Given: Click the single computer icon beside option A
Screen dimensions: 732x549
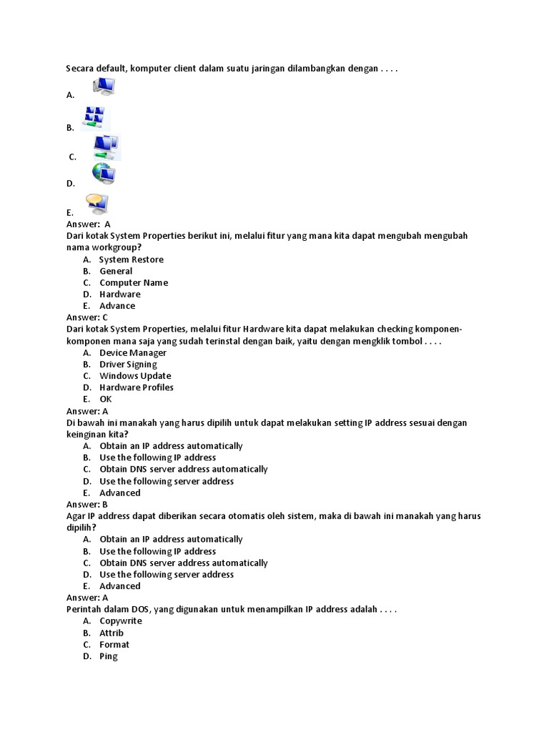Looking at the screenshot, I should [104, 86].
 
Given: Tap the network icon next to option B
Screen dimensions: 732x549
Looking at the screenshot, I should [94, 118].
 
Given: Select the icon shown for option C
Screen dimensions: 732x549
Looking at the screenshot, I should [107, 147].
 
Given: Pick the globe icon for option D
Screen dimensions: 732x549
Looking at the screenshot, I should [103, 174].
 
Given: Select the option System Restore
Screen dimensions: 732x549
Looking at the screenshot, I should [131, 259].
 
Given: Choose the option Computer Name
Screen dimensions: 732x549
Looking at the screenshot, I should [134, 282].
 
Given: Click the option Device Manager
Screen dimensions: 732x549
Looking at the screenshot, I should [133, 352].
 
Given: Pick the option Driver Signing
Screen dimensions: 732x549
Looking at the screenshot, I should [128, 365].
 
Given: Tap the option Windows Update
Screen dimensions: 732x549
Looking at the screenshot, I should [135, 376].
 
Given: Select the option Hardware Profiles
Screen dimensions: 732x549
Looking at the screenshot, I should [137, 387].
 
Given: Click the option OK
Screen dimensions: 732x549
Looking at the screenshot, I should [106, 399].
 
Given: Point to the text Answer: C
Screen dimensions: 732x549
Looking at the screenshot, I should [87, 317].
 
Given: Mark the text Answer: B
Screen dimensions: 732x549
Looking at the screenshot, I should [87, 504].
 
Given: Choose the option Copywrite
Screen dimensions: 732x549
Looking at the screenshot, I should [121, 621].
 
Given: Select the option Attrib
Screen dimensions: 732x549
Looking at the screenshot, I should [112, 633].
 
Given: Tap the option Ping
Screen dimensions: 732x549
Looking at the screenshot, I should [109, 656].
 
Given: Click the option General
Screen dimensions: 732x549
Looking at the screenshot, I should [116, 271].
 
